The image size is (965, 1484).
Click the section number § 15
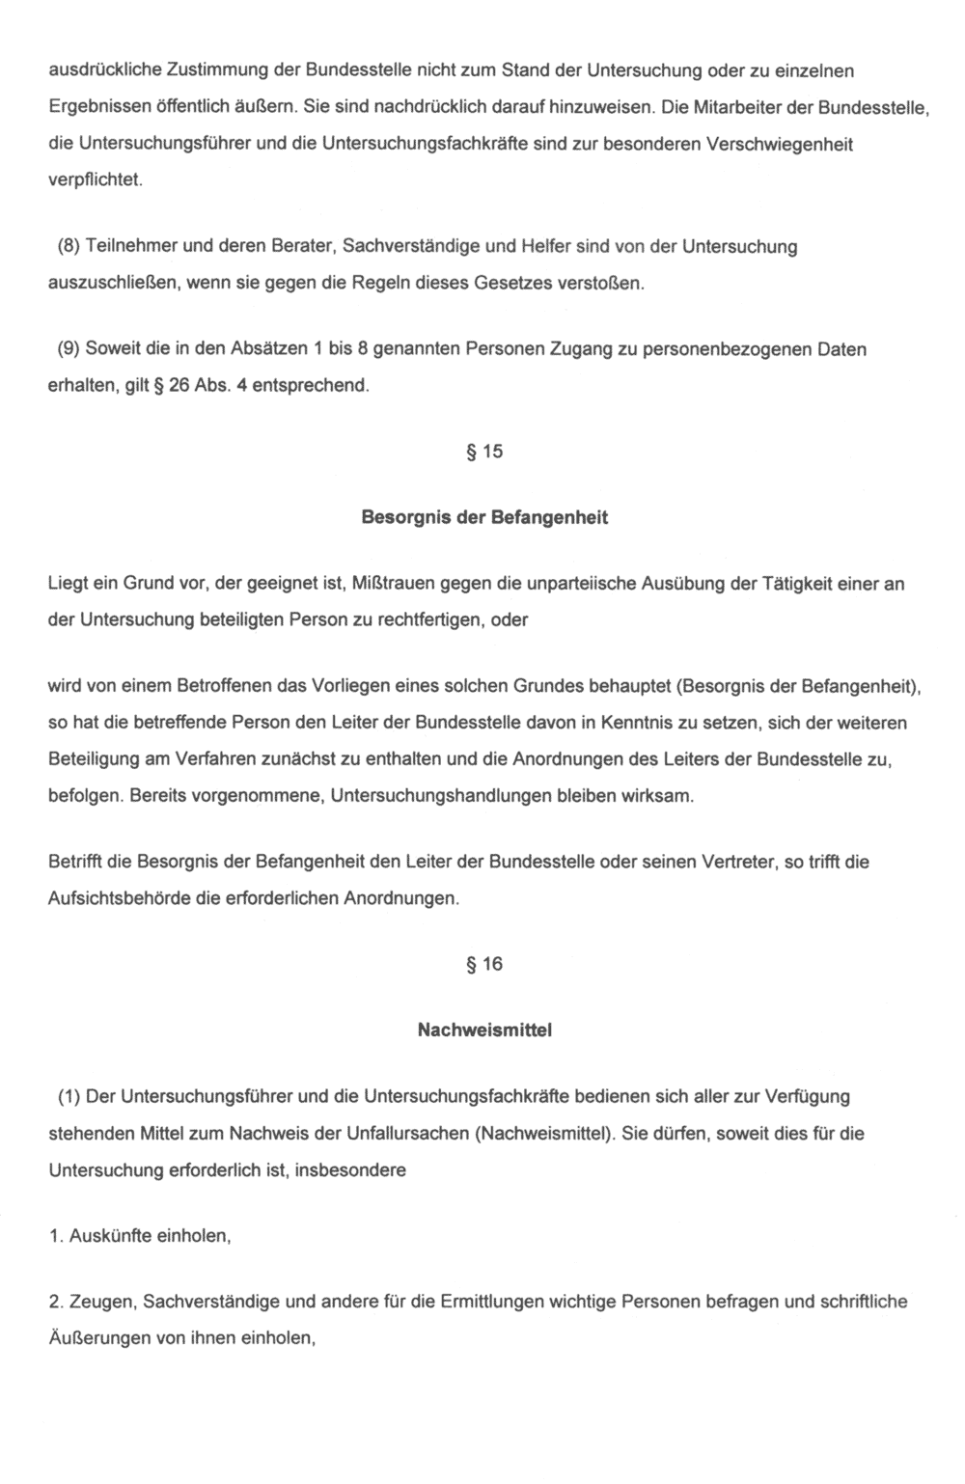click(x=484, y=452)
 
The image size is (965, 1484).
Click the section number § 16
click(x=484, y=964)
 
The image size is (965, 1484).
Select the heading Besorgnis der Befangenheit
click(x=484, y=517)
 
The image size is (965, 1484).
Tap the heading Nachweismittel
click(x=484, y=1030)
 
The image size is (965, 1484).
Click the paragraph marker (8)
click(x=69, y=246)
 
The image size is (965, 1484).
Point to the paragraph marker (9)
click(x=69, y=348)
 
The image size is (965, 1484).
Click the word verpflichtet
click(x=95, y=180)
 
